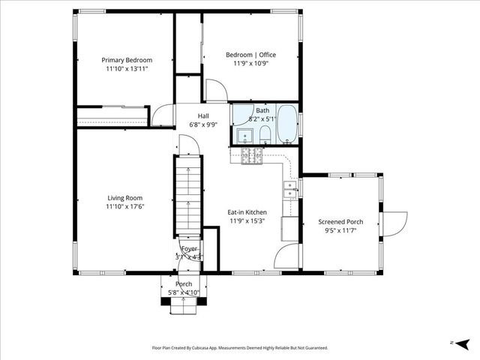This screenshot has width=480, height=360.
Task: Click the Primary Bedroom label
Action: (127, 60)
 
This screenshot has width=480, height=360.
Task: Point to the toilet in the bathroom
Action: (265, 135)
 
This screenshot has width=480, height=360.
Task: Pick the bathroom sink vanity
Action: (243, 135)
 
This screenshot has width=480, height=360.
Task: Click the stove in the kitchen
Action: (250, 155)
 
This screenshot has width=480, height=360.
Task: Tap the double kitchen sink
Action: (289, 189)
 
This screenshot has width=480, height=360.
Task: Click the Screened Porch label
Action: (340, 222)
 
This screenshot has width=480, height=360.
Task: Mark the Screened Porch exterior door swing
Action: (394, 223)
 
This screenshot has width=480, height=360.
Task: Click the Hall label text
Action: (203, 115)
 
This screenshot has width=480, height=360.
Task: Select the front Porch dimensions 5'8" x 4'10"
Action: (184, 292)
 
